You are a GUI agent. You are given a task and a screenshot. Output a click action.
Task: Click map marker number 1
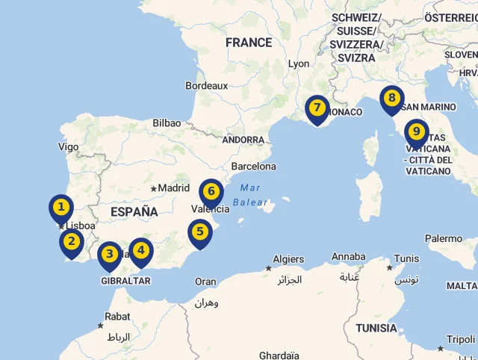coord(61,207)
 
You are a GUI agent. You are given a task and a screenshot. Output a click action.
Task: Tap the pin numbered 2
coord(72,241)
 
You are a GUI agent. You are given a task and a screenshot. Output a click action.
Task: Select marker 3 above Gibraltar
coord(110,254)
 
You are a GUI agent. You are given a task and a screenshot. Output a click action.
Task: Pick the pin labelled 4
coord(140,251)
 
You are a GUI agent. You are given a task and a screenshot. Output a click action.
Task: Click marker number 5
coord(200,232)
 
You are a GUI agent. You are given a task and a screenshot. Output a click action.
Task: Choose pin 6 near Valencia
coord(211,192)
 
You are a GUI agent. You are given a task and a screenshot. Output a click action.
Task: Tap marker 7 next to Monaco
coord(317,108)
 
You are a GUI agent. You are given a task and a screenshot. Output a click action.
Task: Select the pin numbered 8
coord(391,98)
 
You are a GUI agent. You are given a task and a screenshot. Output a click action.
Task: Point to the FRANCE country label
coord(249,43)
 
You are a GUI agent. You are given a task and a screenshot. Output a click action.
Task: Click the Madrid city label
coord(174,188)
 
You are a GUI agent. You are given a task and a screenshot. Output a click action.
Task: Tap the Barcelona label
coord(254,167)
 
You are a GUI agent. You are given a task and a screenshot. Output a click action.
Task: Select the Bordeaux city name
coord(206,86)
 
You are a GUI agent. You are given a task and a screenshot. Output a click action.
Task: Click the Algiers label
coord(288,259)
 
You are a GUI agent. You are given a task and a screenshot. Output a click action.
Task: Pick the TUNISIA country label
coord(376,328)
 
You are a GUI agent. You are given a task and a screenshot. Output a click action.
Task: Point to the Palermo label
coord(444,239)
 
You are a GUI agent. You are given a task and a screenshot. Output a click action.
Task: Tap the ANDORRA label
coord(243,140)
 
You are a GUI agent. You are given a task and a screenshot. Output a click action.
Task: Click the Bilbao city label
coord(167,123)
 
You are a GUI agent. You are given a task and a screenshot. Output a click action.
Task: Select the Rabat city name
coord(117,317)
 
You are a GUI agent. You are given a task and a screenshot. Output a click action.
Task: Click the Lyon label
coord(299,64)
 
